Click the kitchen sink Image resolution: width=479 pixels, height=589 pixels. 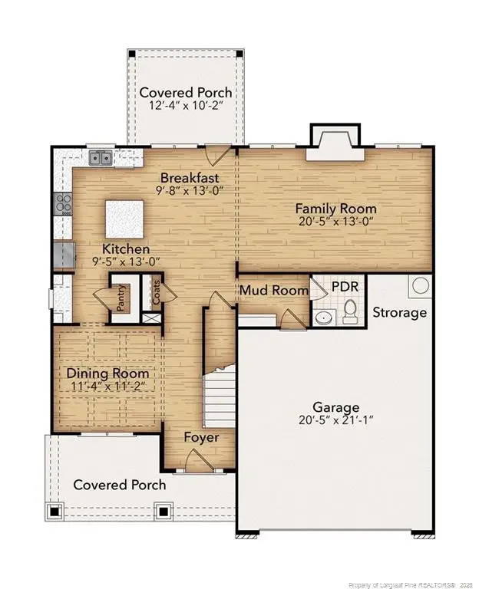(x=101, y=158)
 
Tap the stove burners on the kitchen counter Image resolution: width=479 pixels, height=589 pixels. (x=63, y=204)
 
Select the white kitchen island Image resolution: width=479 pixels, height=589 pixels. (x=124, y=219)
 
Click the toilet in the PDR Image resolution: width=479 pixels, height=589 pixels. (x=350, y=312)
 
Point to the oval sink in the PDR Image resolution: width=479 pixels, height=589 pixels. (x=323, y=318)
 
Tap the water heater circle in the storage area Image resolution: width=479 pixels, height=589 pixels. (x=421, y=286)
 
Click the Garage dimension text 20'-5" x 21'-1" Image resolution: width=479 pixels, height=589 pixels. (x=335, y=420)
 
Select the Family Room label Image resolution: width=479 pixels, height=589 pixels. (x=335, y=209)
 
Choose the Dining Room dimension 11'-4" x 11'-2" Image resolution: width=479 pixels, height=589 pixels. (x=107, y=386)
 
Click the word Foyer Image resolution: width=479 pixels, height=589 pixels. (x=201, y=438)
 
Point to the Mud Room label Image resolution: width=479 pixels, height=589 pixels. (x=274, y=291)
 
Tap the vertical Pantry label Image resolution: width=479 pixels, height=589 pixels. (x=121, y=298)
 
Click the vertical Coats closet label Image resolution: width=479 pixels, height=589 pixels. (x=156, y=292)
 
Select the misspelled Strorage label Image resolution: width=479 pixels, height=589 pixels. (x=400, y=313)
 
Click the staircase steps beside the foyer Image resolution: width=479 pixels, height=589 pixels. (x=219, y=402)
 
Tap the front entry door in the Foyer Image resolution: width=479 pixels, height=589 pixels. (x=200, y=460)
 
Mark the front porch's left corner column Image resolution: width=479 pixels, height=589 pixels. (x=55, y=512)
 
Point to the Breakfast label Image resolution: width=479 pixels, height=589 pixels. (x=190, y=177)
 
